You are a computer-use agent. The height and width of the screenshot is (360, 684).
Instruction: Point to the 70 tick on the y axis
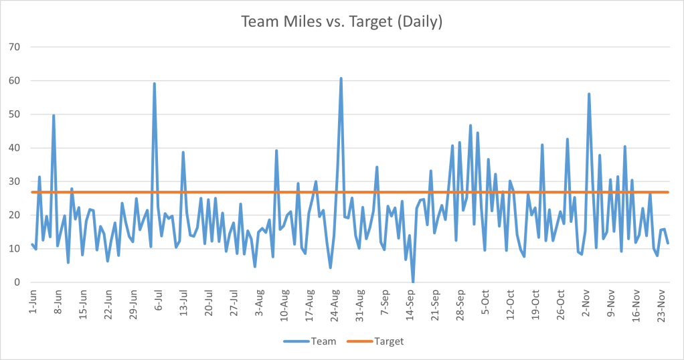(14, 48)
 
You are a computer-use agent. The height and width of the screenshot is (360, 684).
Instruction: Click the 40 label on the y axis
(14, 148)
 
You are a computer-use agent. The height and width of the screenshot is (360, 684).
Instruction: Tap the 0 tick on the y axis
(17, 282)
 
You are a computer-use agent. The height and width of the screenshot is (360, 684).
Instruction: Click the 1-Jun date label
(33, 300)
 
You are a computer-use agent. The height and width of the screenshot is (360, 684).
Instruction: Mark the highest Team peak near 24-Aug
(341, 78)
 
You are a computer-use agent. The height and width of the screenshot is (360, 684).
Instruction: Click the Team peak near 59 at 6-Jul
(155, 84)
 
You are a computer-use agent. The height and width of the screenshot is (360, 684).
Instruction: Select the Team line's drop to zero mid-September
(413, 282)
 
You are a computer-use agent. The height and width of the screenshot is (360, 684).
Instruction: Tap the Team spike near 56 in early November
(589, 94)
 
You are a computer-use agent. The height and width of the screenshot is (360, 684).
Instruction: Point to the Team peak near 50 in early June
(54, 115)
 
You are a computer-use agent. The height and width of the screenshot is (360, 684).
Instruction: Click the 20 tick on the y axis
(14, 215)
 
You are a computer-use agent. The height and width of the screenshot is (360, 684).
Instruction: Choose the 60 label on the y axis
(14, 81)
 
